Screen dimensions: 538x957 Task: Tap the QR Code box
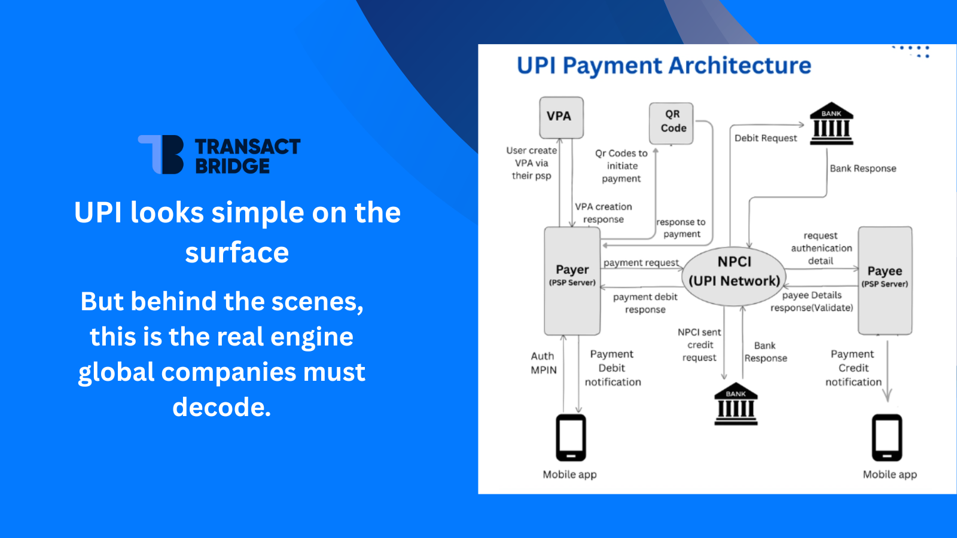[x=672, y=123]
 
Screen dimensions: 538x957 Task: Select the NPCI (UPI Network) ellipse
[x=734, y=276]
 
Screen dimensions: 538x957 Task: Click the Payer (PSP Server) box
[x=572, y=280]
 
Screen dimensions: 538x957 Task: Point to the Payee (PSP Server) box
[x=885, y=280]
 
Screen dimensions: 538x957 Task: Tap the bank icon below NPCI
[x=736, y=405]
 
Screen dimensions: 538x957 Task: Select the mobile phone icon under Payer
[x=571, y=438]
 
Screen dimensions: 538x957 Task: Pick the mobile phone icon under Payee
[x=886, y=438]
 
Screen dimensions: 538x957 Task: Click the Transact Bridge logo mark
[x=161, y=154]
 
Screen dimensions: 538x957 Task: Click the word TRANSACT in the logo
[x=247, y=146]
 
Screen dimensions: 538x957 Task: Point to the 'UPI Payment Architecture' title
[x=663, y=65]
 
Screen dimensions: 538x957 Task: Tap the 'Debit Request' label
[x=766, y=138]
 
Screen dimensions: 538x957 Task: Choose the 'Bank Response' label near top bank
[x=862, y=169]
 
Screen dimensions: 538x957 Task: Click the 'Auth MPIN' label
[x=543, y=363]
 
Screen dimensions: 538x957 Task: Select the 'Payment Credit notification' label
[x=853, y=368]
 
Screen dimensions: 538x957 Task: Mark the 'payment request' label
[x=641, y=263]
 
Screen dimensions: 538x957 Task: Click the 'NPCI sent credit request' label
[x=699, y=345]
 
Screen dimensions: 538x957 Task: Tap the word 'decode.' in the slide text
[x=221, y=407]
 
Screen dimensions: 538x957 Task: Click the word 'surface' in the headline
[x=237, y=252]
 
